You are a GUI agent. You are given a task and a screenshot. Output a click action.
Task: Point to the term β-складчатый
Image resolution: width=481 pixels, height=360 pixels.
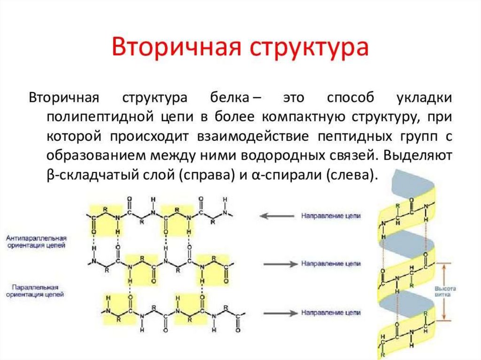point(89,175)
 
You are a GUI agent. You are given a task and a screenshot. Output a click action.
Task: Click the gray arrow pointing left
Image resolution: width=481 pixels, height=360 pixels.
point(277,216)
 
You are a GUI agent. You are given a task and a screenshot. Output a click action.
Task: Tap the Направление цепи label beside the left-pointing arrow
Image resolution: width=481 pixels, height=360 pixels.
point(331,216)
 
